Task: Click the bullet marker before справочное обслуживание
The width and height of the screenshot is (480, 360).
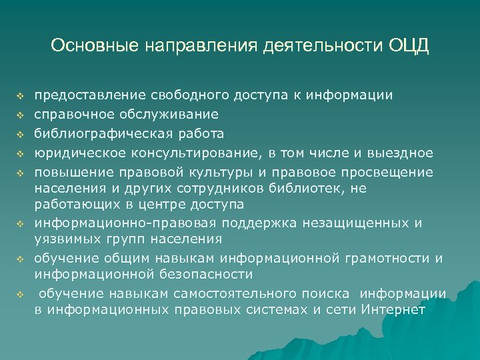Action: pyautogui.click(x=21, y=115)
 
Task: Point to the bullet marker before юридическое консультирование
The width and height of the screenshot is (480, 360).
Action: pyautogui.click(x=21, y=153)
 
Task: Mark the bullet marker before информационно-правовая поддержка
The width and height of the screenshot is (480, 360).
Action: pyautogui.click(x=21, y=221)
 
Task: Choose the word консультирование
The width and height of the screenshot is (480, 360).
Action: pyautogui.click(x=192, y=153)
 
